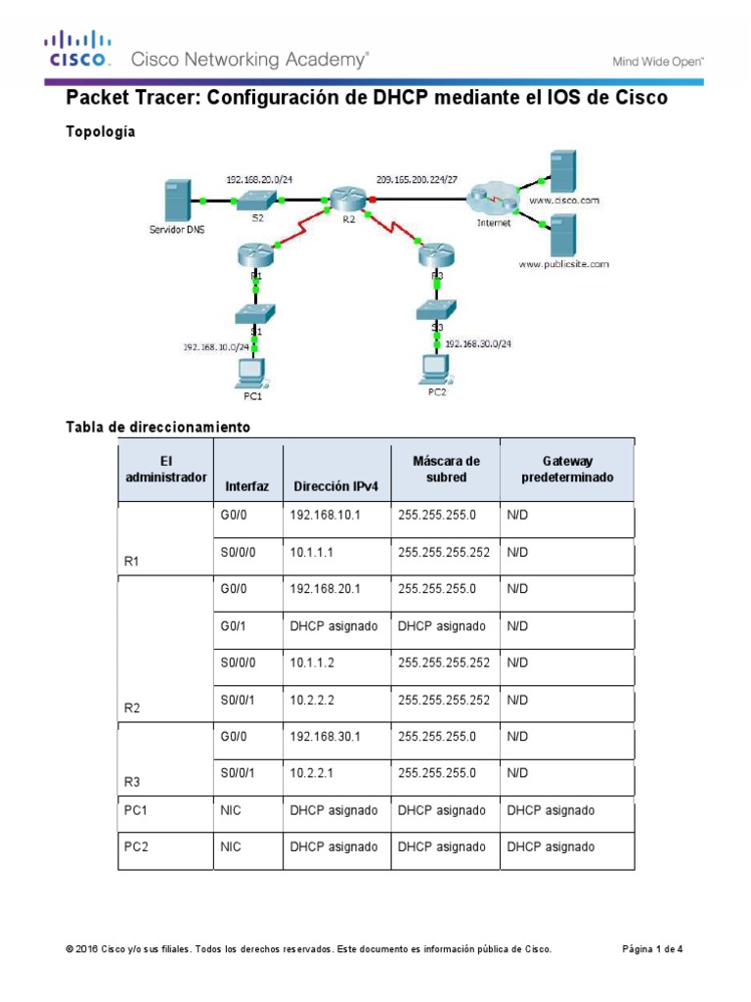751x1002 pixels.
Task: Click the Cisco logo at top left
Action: click(x=76, y=51)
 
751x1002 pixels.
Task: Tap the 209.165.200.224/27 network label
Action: click(x=417, y=179)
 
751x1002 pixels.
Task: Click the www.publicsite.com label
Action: click(x=563, y=264)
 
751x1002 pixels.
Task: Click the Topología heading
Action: click(x=100, y=131)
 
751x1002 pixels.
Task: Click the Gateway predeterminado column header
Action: click(x=565, y=469)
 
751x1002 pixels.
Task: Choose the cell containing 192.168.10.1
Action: click(x=325, y=516)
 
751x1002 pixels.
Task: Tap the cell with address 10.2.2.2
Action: click(x=313, y=700)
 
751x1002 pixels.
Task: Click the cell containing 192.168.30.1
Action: click(x=325, y=737)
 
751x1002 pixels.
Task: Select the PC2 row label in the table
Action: click(x=136, y=847)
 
